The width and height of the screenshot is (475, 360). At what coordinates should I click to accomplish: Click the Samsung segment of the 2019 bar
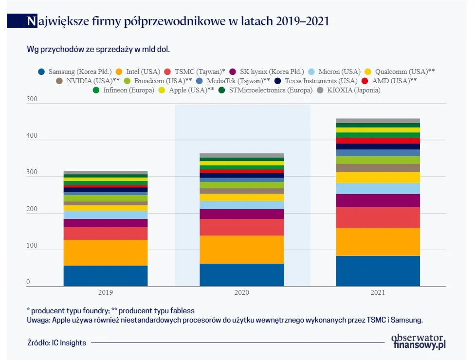105,275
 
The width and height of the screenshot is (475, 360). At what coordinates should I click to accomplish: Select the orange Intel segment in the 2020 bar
241,249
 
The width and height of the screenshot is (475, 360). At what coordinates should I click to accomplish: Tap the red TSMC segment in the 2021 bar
378,217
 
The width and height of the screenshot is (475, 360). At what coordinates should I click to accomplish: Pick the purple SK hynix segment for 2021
378,200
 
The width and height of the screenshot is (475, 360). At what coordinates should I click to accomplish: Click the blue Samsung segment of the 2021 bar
378,270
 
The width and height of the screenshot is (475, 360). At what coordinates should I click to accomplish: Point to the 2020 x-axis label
241,292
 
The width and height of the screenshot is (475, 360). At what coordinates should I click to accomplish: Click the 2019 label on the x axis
105,292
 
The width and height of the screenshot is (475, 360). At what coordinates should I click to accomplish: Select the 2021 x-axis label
378,292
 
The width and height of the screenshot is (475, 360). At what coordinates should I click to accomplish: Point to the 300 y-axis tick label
32,172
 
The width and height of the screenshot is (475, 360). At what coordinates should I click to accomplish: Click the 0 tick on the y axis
28,282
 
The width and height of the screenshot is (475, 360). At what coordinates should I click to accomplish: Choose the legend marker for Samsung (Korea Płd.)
42,72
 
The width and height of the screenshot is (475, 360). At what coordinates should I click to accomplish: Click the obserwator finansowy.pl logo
418,341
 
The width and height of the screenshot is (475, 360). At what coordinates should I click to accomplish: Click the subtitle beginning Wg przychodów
98,49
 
